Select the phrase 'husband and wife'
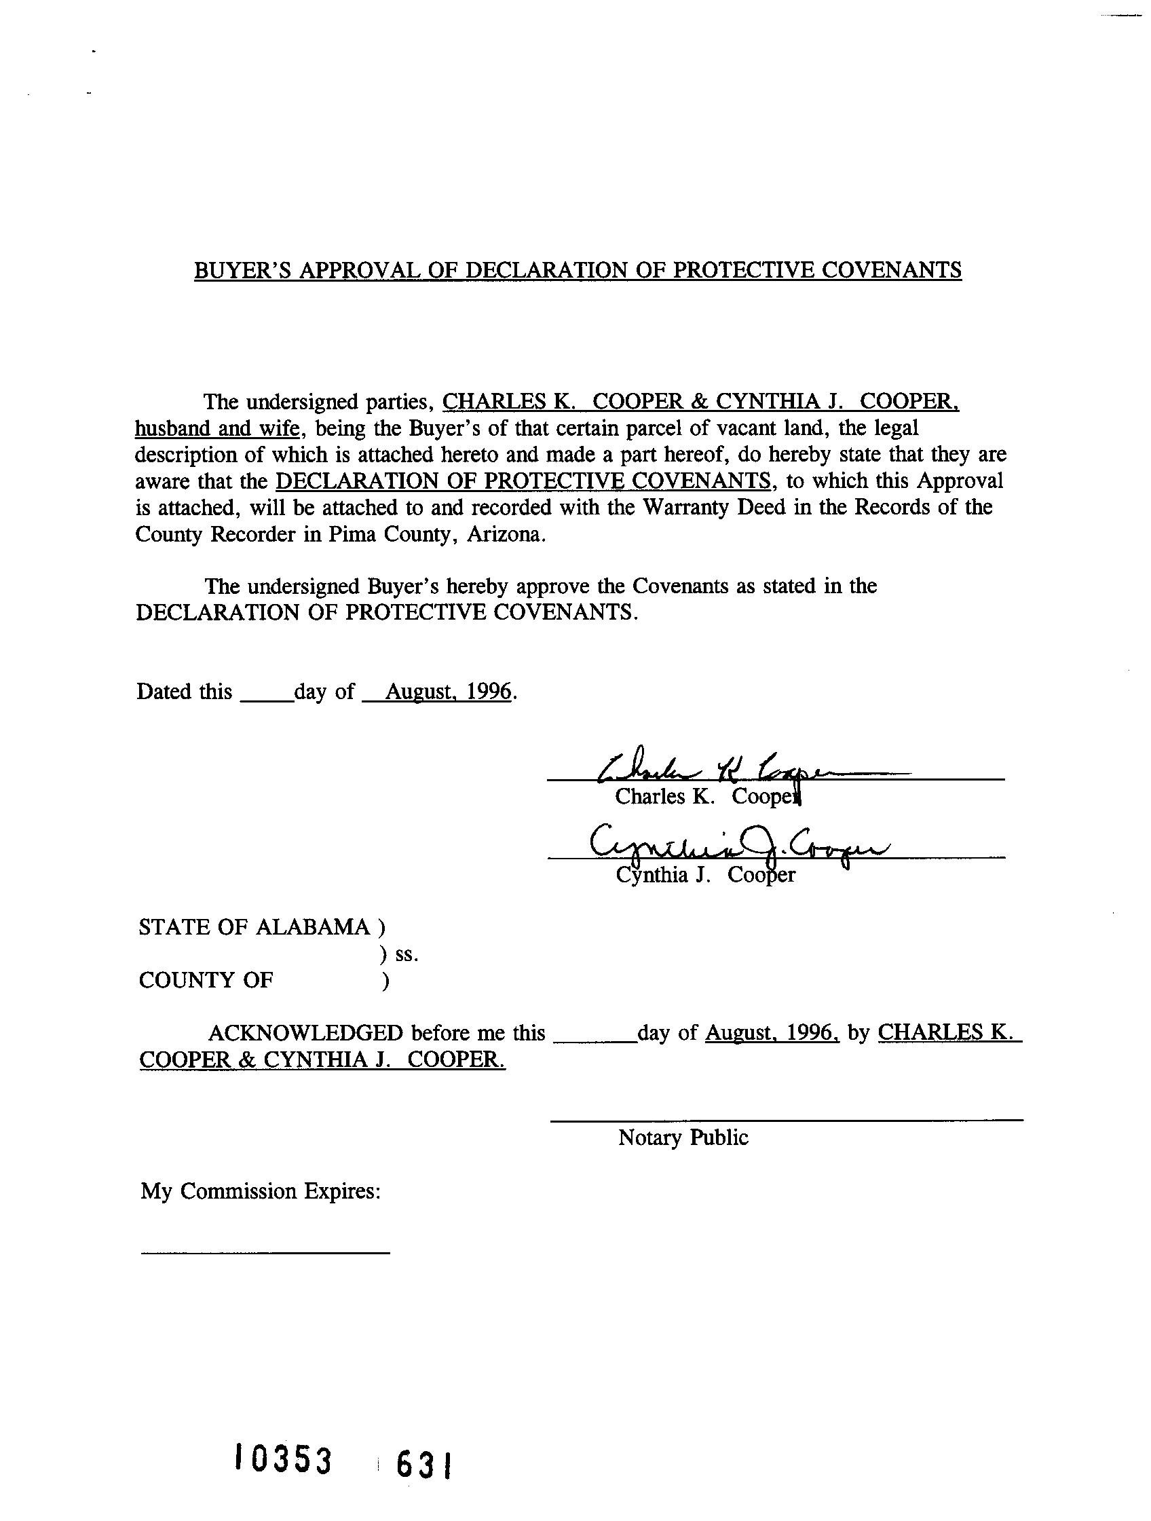(x=216, y=428)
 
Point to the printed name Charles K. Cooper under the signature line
(x=709, y=796)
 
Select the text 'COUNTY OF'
(x=206, y=980)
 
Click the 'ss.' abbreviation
(x=407, y=954)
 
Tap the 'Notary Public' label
(x=683, y=1138)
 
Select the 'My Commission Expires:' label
(x=261, y=1191)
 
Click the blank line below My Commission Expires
(x=265, y=1253)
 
